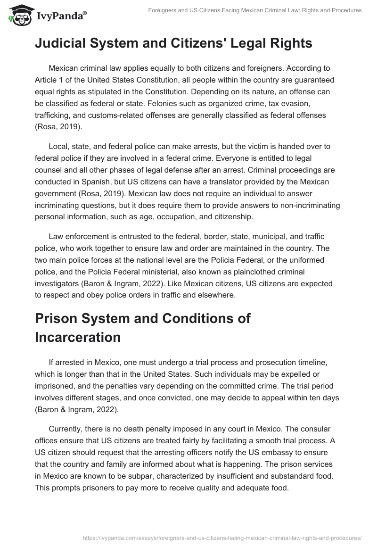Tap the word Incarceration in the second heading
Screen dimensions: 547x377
pyautogui.click(x=78, y=337)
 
